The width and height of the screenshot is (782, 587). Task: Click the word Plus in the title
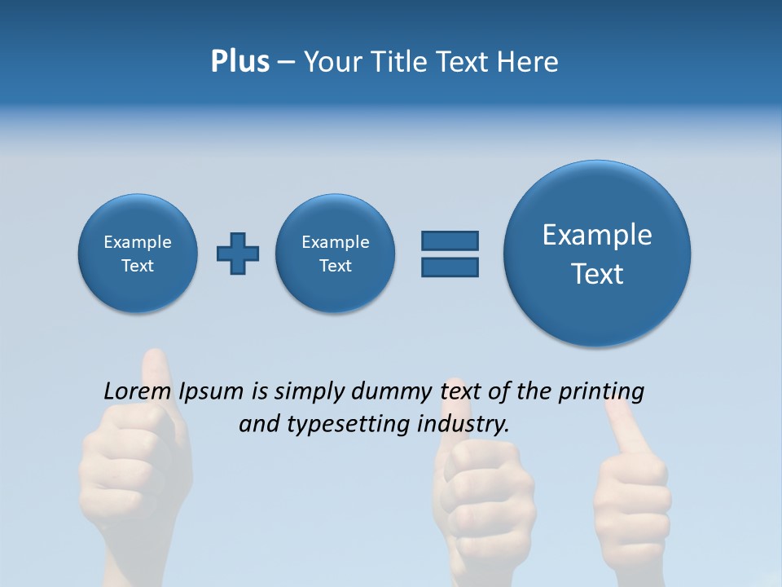click(239, 62)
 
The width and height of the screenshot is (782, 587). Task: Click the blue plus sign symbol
click(238, 254)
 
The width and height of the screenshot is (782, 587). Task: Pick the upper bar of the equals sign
click(450, 241)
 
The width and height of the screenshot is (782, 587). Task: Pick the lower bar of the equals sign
click(450, 267)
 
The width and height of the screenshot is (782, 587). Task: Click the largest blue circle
click(597, 254)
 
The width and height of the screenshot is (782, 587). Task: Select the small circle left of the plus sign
click(138, 254)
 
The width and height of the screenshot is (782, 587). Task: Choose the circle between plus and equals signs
click(335, 254)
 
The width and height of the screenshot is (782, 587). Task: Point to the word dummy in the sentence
click(393, 392)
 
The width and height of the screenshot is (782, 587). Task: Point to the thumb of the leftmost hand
click(156, 375)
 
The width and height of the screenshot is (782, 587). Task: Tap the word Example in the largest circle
click(597, 235)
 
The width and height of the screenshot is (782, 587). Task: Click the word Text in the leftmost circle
click(138, 266)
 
